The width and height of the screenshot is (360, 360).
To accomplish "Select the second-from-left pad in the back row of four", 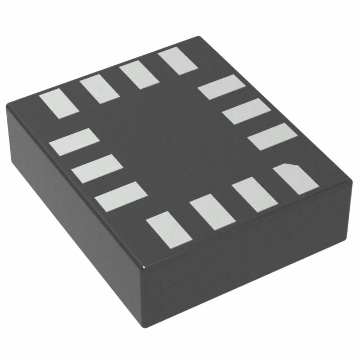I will [x=97, y=89].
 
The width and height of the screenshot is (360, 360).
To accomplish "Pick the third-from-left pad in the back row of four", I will [x=137, y=75].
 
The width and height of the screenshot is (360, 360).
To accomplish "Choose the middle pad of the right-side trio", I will [x=247, y=111].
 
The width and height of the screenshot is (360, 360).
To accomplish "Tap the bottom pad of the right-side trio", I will [x=272, y=136].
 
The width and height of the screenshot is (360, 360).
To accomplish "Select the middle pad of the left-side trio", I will [x=98, y=169].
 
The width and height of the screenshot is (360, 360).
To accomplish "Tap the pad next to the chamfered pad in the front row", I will [x=254, y=194].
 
